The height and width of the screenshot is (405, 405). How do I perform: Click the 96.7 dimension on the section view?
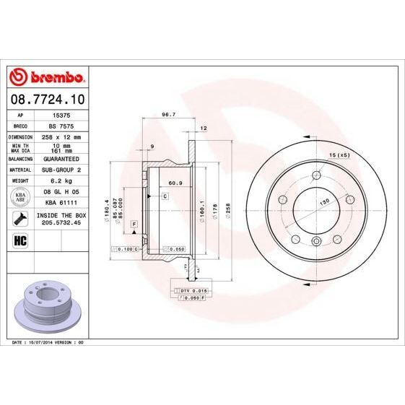(169, 114)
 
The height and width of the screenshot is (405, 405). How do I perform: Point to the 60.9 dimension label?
(174, 183)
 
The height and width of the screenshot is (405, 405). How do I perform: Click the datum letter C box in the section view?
(165, 196)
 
